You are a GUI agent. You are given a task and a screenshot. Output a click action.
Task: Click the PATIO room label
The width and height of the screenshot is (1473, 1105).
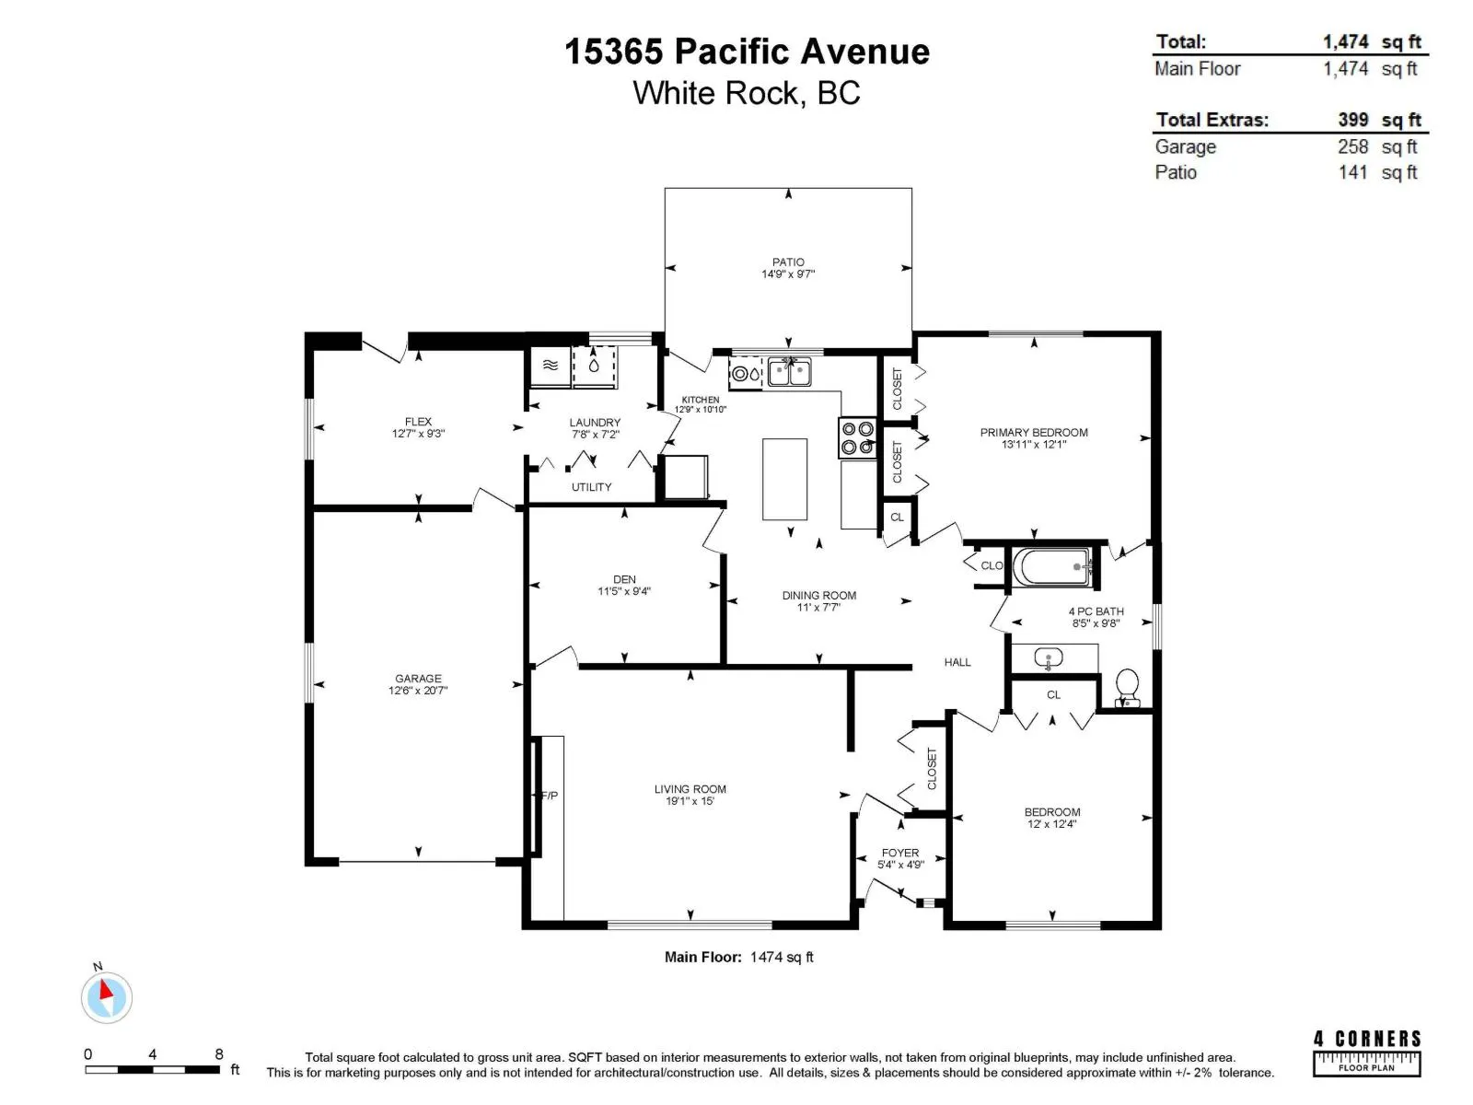[788, 262]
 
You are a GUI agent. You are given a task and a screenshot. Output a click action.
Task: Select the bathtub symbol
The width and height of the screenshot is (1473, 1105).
[1051, 567]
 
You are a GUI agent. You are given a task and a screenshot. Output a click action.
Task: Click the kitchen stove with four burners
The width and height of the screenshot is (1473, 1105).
[857, 437]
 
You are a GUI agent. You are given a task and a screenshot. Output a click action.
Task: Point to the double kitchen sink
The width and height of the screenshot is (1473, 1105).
[789, 372]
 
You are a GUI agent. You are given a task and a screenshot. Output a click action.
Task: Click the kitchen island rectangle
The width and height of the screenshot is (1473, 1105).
[784, 479]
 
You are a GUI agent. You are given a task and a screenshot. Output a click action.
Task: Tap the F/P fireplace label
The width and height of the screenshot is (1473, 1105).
[550, 796]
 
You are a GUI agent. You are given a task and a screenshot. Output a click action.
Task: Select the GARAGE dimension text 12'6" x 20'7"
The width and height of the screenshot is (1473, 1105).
[417, 691]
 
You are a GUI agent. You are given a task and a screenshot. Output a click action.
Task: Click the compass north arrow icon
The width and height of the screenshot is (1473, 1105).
[106, 996]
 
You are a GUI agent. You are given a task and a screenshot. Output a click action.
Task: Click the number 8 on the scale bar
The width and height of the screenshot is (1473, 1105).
[219, 1054]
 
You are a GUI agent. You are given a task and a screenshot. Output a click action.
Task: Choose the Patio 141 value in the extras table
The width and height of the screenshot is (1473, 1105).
[1353, 172]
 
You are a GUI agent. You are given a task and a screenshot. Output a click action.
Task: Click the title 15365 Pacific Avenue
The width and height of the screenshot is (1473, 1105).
[747, 52]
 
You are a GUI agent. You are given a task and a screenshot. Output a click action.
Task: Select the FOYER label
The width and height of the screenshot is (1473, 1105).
[899, 853]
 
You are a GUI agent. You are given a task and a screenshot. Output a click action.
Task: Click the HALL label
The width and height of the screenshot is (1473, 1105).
[957, 662]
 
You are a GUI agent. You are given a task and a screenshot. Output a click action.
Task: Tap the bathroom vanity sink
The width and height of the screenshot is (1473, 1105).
[1049, 657]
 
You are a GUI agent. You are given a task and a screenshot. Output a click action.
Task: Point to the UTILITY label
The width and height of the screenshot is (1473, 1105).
[591, 487]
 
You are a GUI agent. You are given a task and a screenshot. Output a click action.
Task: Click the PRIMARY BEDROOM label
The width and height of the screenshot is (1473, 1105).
[1034, 433]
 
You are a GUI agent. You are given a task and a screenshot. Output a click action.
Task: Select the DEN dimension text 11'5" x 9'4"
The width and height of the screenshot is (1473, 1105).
[624, 591]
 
